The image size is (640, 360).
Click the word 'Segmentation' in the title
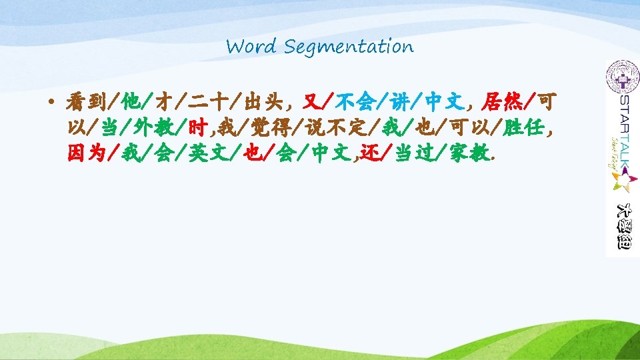(348, 47)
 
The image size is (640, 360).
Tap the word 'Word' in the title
(251, 47)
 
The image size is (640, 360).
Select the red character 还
(371, 153)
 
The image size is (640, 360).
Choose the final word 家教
(470, 153)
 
